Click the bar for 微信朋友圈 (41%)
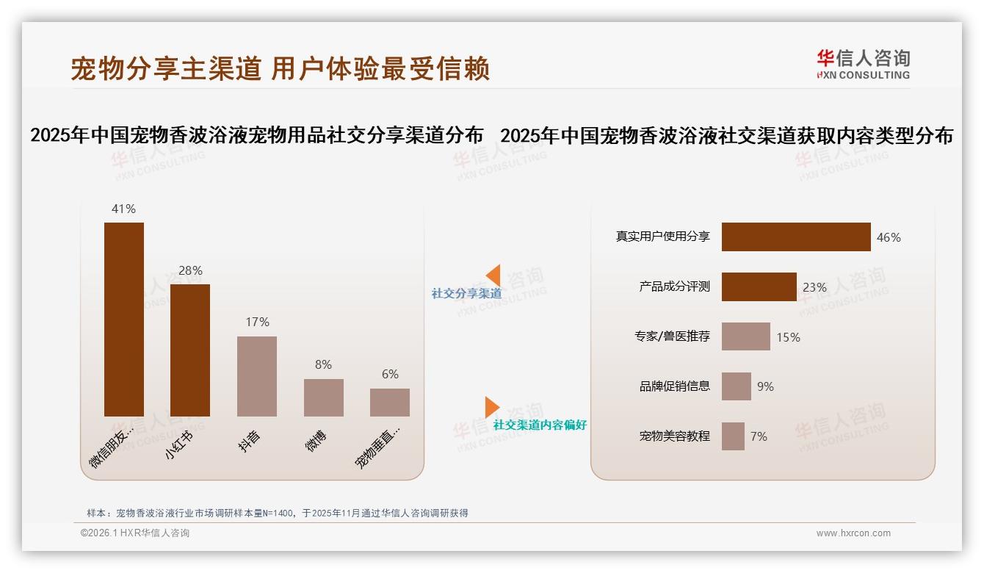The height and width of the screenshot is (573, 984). click(x=123, y=320)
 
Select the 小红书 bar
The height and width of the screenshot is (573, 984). click(x=190, y=350)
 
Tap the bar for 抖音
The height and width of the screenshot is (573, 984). click(x=257, y=376)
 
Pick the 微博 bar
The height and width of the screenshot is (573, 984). click(x=323, y=397)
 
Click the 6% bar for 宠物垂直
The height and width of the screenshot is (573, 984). click(x=390, y=403)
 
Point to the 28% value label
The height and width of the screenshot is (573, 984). click(x=190, y=270)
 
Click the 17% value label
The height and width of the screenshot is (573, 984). click(x=257, y=322)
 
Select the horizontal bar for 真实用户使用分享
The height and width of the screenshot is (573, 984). click(x=796, y=237)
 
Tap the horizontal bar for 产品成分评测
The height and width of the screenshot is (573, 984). click(x=759, y=287)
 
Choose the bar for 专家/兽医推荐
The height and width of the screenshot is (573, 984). click(x=745, y=336)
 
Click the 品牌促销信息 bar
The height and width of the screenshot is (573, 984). click(x=736, y=386)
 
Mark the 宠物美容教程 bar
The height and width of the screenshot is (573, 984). click(x=733, y=436)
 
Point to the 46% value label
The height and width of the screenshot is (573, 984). click(x=889, y=237)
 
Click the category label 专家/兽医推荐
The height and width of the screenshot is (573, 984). click(x=673, y=336)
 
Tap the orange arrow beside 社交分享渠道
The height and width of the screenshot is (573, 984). click(x=493, y=275)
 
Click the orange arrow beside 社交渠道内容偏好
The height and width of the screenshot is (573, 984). click(x=492, y=407)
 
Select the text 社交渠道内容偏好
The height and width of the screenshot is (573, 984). click(x=540, y=425)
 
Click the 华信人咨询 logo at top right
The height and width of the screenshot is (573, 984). click(x=863, y=64)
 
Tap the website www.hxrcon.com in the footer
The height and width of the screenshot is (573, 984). click(x=853, y=533)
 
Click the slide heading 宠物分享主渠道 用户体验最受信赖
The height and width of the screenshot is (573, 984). click(x=280, y=69)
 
